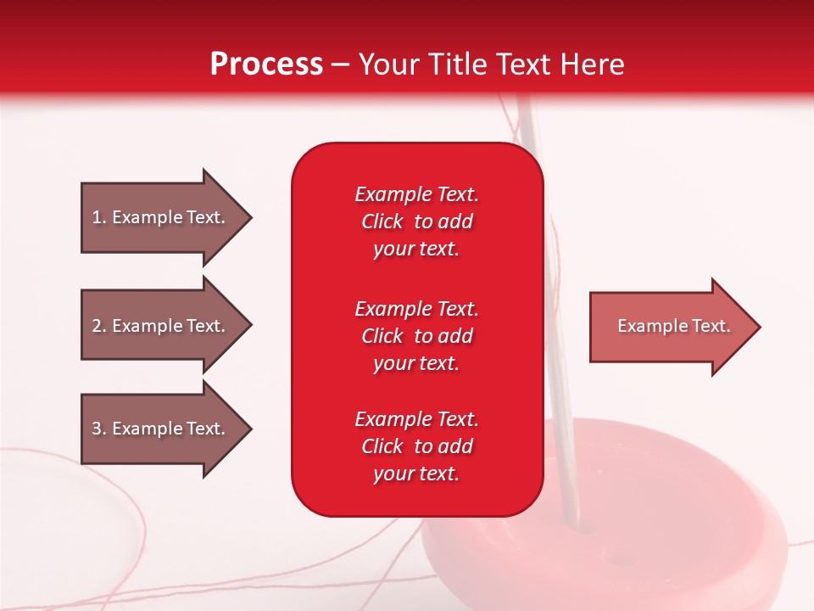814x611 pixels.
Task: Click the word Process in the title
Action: pos(266,64)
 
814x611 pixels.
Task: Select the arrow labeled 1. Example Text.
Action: pos(165,217)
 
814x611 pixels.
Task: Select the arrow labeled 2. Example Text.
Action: pos(165,326)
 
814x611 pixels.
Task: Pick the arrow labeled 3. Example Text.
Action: pos(165,429)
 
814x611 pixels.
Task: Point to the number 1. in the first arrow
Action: pos(99,217)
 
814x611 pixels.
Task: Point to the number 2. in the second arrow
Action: pos(99,326)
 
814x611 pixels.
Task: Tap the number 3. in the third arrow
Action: pos(99,429)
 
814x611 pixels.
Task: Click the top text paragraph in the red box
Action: pos(416,221)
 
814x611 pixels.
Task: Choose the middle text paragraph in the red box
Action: pos(416,336)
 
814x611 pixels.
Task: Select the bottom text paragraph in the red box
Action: pos(416,446)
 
